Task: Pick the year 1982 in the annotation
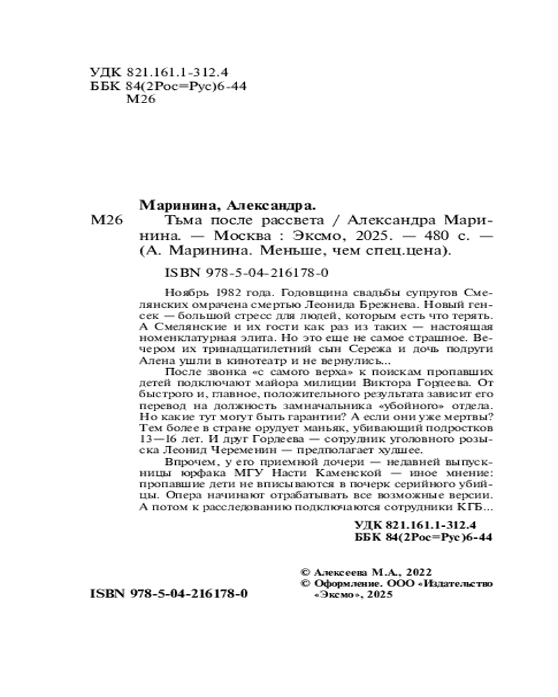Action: pos(227,290)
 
